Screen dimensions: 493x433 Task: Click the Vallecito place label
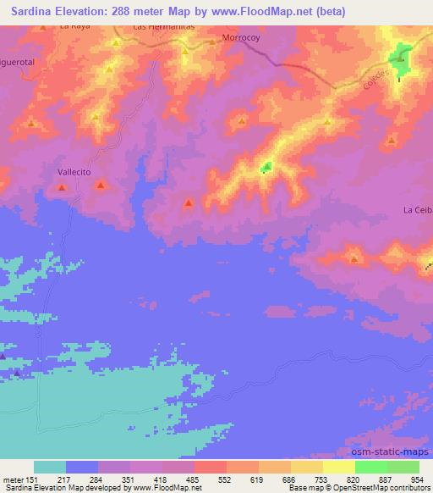point(74,170)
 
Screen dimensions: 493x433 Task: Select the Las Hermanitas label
point(164,27)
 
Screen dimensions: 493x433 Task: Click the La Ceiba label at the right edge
point(417,209)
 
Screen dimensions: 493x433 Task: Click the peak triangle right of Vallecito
point(101,185)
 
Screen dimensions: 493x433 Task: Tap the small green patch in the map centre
point(266,168)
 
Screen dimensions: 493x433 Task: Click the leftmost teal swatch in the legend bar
point(50,467)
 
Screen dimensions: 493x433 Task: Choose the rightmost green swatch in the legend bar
point(403,467)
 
